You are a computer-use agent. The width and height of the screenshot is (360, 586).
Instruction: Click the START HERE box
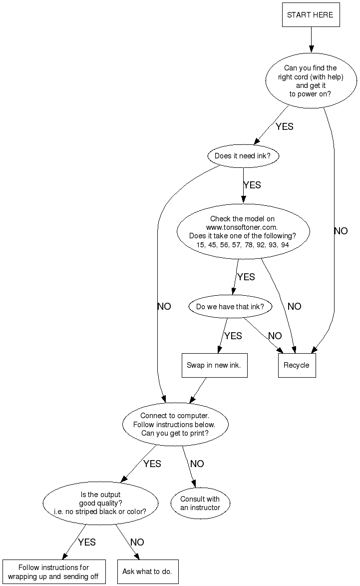[x=311, y=15]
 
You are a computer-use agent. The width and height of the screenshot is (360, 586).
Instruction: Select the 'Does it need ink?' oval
[x=243, y=156]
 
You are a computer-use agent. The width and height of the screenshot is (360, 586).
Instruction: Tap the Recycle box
[x=297, y=365]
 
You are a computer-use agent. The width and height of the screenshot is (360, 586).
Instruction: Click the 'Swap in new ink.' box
[x=214, y=365]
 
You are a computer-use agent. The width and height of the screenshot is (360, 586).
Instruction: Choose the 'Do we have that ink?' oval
[x=230, y=307]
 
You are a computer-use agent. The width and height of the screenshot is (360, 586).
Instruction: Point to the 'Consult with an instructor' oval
[x=200, y=503]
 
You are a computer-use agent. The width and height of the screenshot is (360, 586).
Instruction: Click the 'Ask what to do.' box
[x=147, y=572]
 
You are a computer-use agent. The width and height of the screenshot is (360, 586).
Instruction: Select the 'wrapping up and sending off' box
[x=53, y=572]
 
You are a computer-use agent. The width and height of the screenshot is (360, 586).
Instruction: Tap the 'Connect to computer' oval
[x=175, y=425]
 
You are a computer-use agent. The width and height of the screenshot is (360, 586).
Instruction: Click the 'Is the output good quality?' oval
[x=100, y=503]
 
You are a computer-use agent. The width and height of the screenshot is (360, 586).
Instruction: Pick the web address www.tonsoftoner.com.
[x=242, y=227]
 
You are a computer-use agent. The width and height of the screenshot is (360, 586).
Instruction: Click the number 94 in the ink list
[x=285, y=245]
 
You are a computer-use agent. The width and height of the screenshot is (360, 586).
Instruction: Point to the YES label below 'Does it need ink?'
[x=252, y=185]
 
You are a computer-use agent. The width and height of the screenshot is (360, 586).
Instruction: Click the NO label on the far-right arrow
[x=341, y=231]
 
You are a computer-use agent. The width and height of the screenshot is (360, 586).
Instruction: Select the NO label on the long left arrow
[x=164, y=307]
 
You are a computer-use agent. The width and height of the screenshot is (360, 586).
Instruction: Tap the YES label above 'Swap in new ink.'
[x=233, y=336]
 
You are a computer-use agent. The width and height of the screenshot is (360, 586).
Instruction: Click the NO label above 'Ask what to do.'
[x=137, y=543]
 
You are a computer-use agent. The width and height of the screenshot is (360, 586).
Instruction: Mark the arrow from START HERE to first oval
[x=311, y=39]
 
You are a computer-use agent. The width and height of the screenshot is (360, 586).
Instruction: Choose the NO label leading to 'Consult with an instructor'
[x=197, y=464]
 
